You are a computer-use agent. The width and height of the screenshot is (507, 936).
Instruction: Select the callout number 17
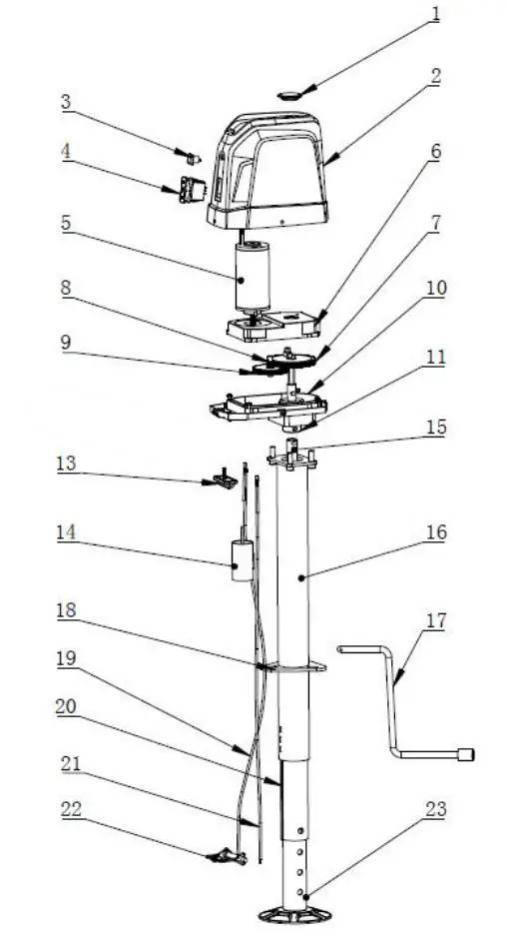[435, 621]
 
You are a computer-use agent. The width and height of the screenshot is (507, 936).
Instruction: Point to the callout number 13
[66, 465]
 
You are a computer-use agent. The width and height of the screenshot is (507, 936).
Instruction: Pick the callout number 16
[436, 532]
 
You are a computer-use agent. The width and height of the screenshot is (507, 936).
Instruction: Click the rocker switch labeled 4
[193, 188]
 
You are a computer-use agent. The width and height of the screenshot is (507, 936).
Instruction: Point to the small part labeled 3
[194, 157]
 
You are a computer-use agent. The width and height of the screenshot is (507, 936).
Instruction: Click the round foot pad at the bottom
[294, 912]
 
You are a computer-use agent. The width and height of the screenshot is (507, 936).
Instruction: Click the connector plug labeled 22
[227, 856]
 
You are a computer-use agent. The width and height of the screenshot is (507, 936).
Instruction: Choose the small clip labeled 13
[225, 482]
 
